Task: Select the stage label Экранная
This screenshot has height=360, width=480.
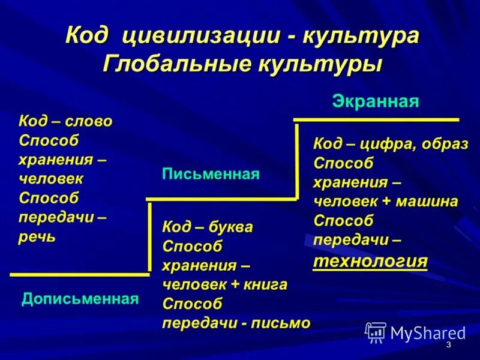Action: click(375, 101)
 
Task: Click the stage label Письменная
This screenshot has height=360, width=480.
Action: click(211, 175)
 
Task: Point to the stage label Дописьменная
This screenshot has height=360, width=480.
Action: click(80, 298)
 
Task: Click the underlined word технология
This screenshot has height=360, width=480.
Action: click(370, 261)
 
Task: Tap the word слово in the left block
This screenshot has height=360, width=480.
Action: click(89, 121)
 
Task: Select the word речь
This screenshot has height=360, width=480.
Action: click(37, 236)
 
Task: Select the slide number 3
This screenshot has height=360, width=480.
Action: click(448, 346)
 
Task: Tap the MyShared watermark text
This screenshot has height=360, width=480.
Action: click(428, 332)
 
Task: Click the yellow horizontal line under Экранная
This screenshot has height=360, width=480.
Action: click(376, 120)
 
